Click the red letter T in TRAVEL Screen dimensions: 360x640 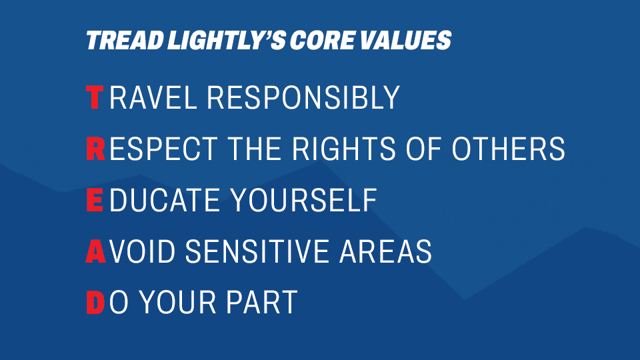(95, 98)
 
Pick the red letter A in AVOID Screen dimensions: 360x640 (95, 251)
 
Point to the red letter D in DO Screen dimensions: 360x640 (95, 303)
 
